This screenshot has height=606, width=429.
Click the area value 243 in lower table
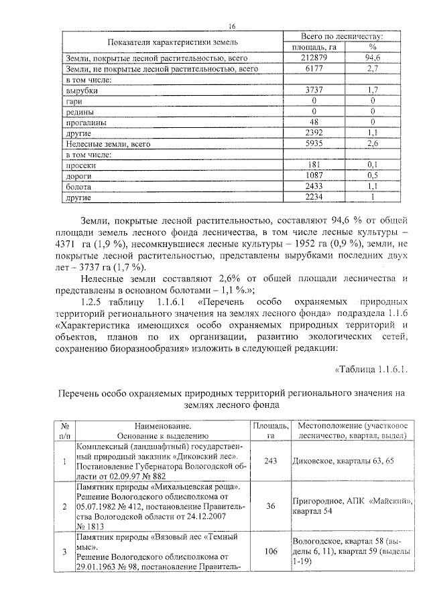(x=271, y=461)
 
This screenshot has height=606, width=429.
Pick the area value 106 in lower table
(x=271, y=551)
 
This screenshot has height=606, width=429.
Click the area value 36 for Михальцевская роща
(x=271, y=507)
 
